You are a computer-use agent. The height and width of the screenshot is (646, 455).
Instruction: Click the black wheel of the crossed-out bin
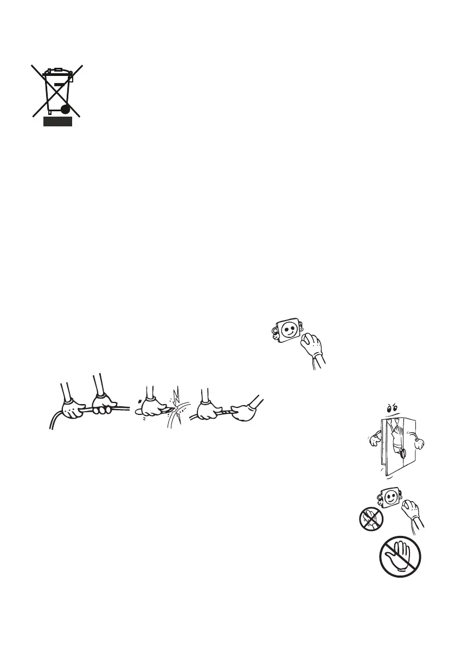click(65, 109)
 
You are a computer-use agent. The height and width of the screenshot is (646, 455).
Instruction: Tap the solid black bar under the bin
click(57, 123)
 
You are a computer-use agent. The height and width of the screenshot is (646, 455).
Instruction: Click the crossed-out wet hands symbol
click(370, 520)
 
